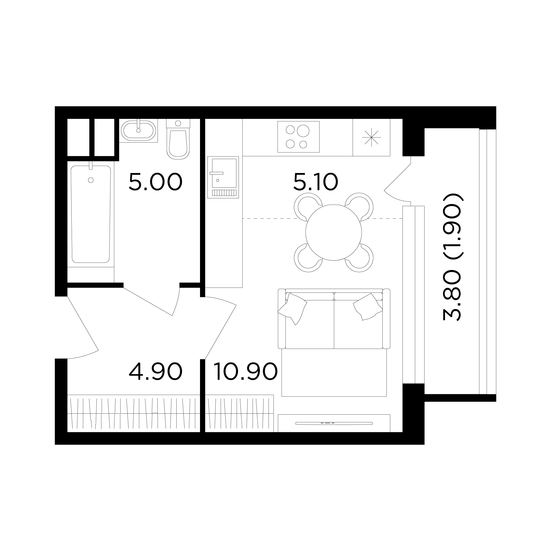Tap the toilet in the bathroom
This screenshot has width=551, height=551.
178,139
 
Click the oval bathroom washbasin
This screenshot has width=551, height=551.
139,131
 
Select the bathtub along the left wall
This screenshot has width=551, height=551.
91,214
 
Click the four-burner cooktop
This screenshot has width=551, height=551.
298,137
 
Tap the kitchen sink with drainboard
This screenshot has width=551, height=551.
223,177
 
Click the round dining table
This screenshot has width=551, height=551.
334,233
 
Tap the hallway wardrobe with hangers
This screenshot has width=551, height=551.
133,414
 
